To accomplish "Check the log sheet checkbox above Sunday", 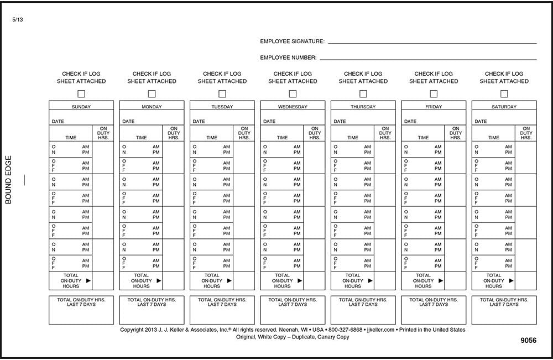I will pyautogui.click(x=81, y=94).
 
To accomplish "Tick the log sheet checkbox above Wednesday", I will pyautogui.click(x=293, y=94).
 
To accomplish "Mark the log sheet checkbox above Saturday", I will pyautogui.click(x=504, y=94).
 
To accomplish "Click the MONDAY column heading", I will pyautogui.click(x=152, y=107).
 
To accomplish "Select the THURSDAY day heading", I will pyautogui.click(x=363, y=107).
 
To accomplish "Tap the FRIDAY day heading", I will pyautogui.click(x=434, y=107).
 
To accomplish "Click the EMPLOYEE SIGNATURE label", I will pyautogui.click(x=292, y=41).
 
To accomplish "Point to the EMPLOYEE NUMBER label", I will pyautogui.click(x=288, y=58).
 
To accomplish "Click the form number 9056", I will pyautogui.click(x=528, y=341).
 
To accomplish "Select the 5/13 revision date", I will pyautogui.click(x=17, y=20).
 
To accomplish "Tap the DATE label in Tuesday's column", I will pyautogui.click(x=199, y=121).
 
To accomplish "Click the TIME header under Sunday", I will pyautogui.click(x=71, y=138).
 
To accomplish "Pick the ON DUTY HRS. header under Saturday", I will pyautogui.click(x=526, y=133).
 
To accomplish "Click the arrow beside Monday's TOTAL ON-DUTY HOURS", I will pyautogui.click(x=159, y=281).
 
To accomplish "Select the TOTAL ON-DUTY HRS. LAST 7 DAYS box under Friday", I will pyautogui.click(x=434, y=310).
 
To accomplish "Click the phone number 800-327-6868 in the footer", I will pyautogui.click(x=345, y=330).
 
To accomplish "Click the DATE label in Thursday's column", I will pyautogui.click(x=340, y=121).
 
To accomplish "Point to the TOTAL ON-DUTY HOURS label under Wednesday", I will pyautogui.click(x=282, y=281).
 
